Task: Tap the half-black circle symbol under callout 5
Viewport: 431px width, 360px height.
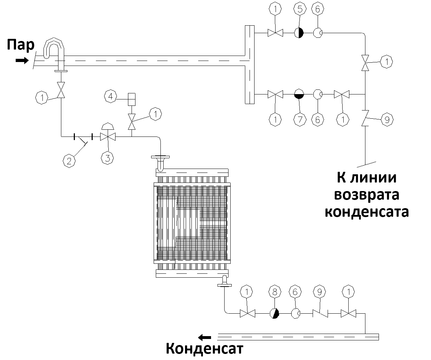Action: point(299,33)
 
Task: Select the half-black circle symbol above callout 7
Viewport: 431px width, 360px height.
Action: point(299,94)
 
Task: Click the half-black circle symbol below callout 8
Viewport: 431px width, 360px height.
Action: point(274,314)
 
